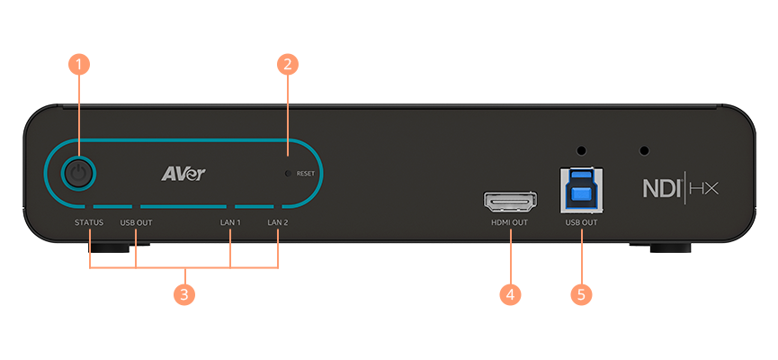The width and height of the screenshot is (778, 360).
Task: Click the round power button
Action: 79,173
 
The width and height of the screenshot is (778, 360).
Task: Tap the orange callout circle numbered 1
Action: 79,64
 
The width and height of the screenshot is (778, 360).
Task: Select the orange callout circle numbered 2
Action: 287,64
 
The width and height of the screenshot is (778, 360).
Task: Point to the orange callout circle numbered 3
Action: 184,294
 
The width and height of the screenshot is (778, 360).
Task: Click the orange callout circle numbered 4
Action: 510,293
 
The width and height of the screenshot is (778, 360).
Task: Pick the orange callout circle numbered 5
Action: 581,293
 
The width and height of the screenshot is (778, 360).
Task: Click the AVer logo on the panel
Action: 183,173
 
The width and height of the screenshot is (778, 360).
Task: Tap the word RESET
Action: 305,175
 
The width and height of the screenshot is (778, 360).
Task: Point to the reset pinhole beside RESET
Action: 287,174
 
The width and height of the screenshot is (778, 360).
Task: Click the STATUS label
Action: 89,221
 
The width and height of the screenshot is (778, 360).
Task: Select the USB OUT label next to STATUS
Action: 136,221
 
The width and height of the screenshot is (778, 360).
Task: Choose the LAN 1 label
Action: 231,221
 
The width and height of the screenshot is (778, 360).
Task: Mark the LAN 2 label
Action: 278,221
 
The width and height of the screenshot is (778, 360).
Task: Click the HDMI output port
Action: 510,200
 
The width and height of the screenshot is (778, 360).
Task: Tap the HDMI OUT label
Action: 510,221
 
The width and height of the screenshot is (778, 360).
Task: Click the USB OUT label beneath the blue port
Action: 581,221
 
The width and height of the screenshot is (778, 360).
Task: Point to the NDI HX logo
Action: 680,188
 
